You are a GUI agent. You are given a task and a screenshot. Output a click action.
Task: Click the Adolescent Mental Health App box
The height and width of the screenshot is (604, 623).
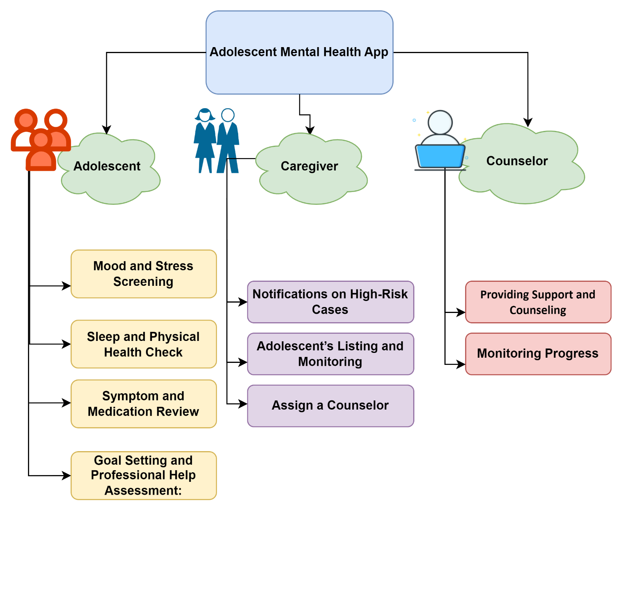(299, 52)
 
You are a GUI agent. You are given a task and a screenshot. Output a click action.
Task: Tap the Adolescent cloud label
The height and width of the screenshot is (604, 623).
(107, 166)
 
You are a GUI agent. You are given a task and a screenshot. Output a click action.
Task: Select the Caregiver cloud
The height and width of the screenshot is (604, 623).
(310, 168)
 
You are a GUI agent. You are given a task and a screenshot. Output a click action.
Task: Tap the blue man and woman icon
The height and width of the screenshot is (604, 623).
(217, 141)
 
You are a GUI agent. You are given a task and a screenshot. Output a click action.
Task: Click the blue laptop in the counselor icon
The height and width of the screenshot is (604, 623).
(440, 156)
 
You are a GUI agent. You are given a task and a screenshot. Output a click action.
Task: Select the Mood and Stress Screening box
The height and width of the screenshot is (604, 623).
(144, 274)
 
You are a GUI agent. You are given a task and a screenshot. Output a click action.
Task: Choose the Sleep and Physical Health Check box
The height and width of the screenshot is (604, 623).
(144, 344)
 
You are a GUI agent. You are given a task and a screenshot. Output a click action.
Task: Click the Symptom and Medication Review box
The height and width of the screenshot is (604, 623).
(144, 404)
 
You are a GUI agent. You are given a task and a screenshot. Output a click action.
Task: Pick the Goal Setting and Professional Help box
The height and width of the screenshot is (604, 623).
(144, 475)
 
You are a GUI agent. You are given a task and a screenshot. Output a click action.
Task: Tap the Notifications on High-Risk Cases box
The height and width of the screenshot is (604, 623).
(330, 302)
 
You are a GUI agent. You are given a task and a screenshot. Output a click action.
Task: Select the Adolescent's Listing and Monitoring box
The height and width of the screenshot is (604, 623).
(330, 354)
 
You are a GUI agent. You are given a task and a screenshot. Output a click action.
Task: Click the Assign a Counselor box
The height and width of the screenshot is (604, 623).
(330, 406)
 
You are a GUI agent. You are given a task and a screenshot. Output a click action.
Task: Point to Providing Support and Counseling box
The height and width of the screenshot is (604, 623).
(538, 302)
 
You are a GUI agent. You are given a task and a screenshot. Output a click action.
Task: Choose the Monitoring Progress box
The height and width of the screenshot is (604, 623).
(538, 354)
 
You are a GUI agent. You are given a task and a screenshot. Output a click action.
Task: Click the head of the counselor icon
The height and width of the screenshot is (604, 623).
(440, 122)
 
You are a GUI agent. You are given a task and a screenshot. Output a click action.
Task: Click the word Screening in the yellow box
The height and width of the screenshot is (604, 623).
(143, 282)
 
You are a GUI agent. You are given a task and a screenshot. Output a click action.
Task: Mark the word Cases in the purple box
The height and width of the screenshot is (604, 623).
(330, 310)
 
